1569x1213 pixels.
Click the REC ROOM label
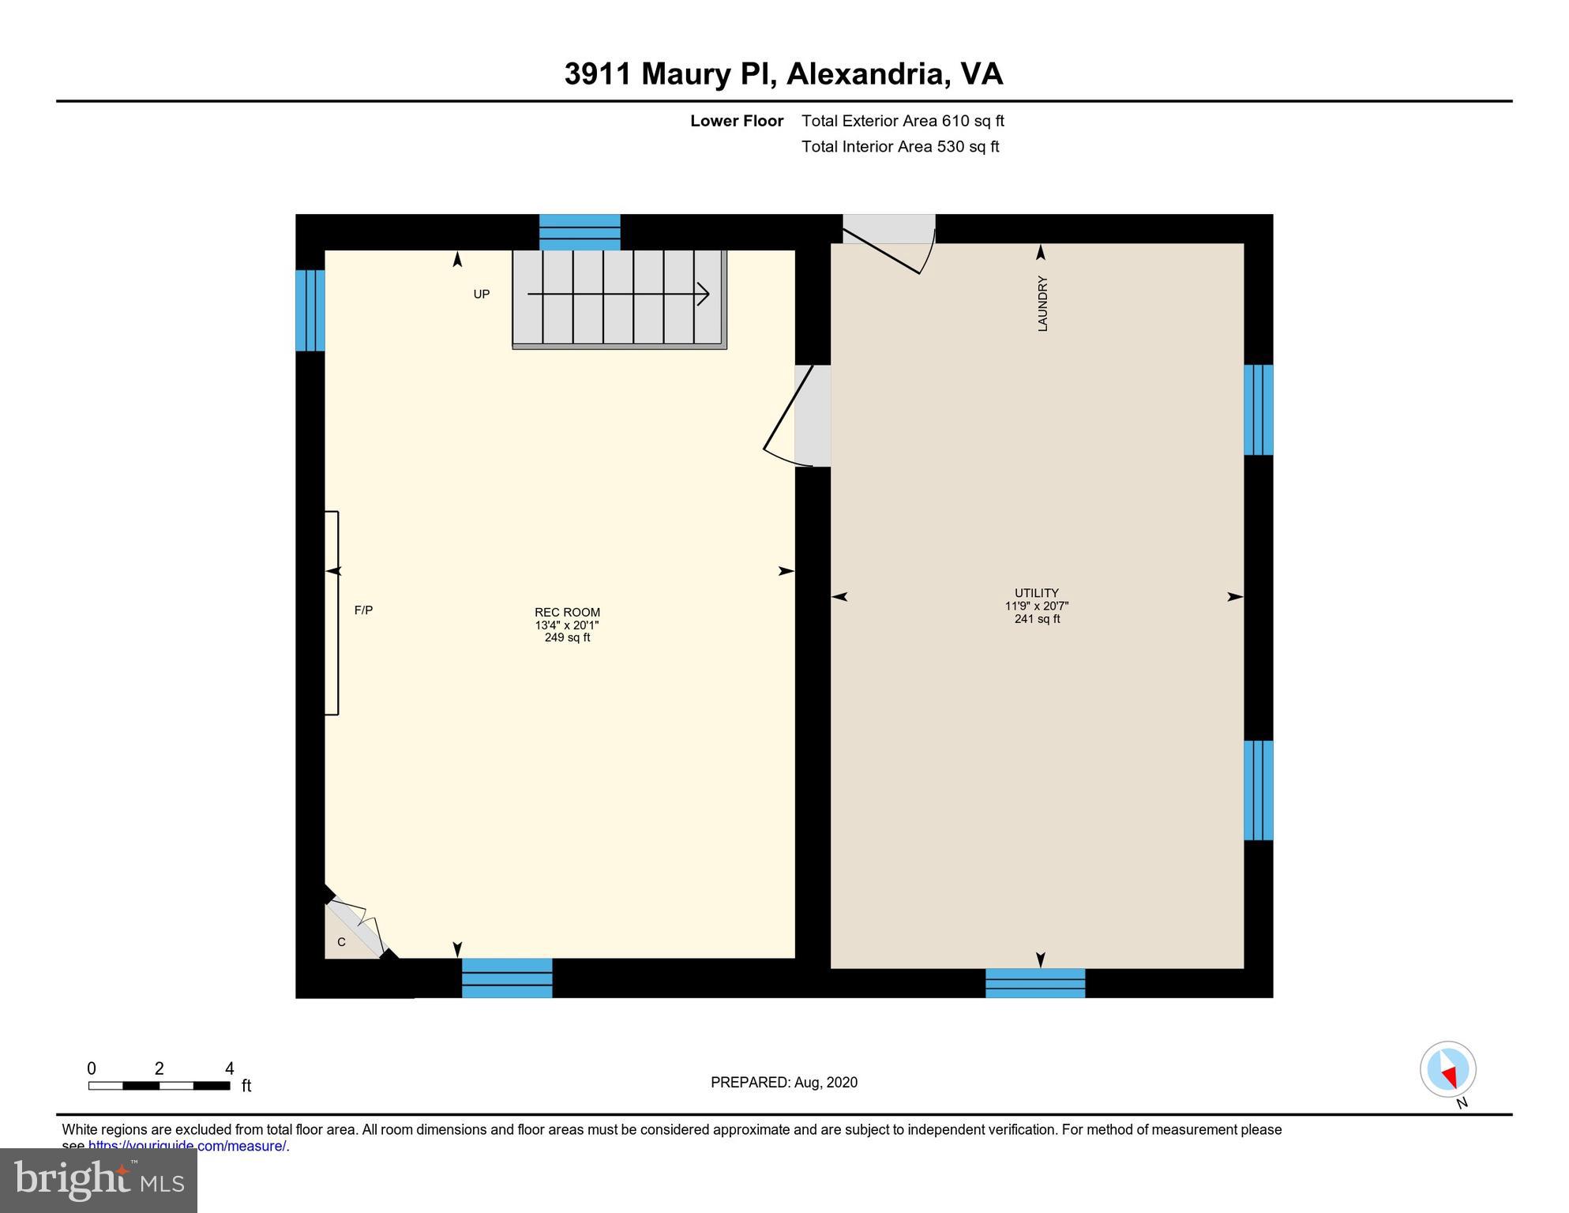[x=567, y=612]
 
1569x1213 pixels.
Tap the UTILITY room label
[x=1036, y=593]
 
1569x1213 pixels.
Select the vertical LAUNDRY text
[x=1042, y=304]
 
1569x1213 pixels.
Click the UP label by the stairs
[x=482, y=295]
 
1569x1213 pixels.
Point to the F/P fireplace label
[x=363, y=610]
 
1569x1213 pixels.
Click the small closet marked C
[x=342, y=942]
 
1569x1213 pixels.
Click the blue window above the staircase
[x=580, y=232]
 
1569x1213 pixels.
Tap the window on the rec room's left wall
[x=310, y=310]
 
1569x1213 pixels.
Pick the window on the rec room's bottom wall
[x=507, y=978]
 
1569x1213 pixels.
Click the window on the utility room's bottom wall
[x=1034, y=983]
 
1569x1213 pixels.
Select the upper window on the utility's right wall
[x=1258, y=410]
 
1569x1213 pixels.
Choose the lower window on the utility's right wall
[x=1258, y=791]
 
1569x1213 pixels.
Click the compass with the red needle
[x=1447, y=1069]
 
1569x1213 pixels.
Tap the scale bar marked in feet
[x=159, y=1085]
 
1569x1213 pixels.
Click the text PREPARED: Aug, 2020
[x=783, y=1083]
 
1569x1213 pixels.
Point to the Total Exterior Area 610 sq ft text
[x=903, y=121]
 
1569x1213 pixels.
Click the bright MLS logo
[x=99, y=1181]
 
